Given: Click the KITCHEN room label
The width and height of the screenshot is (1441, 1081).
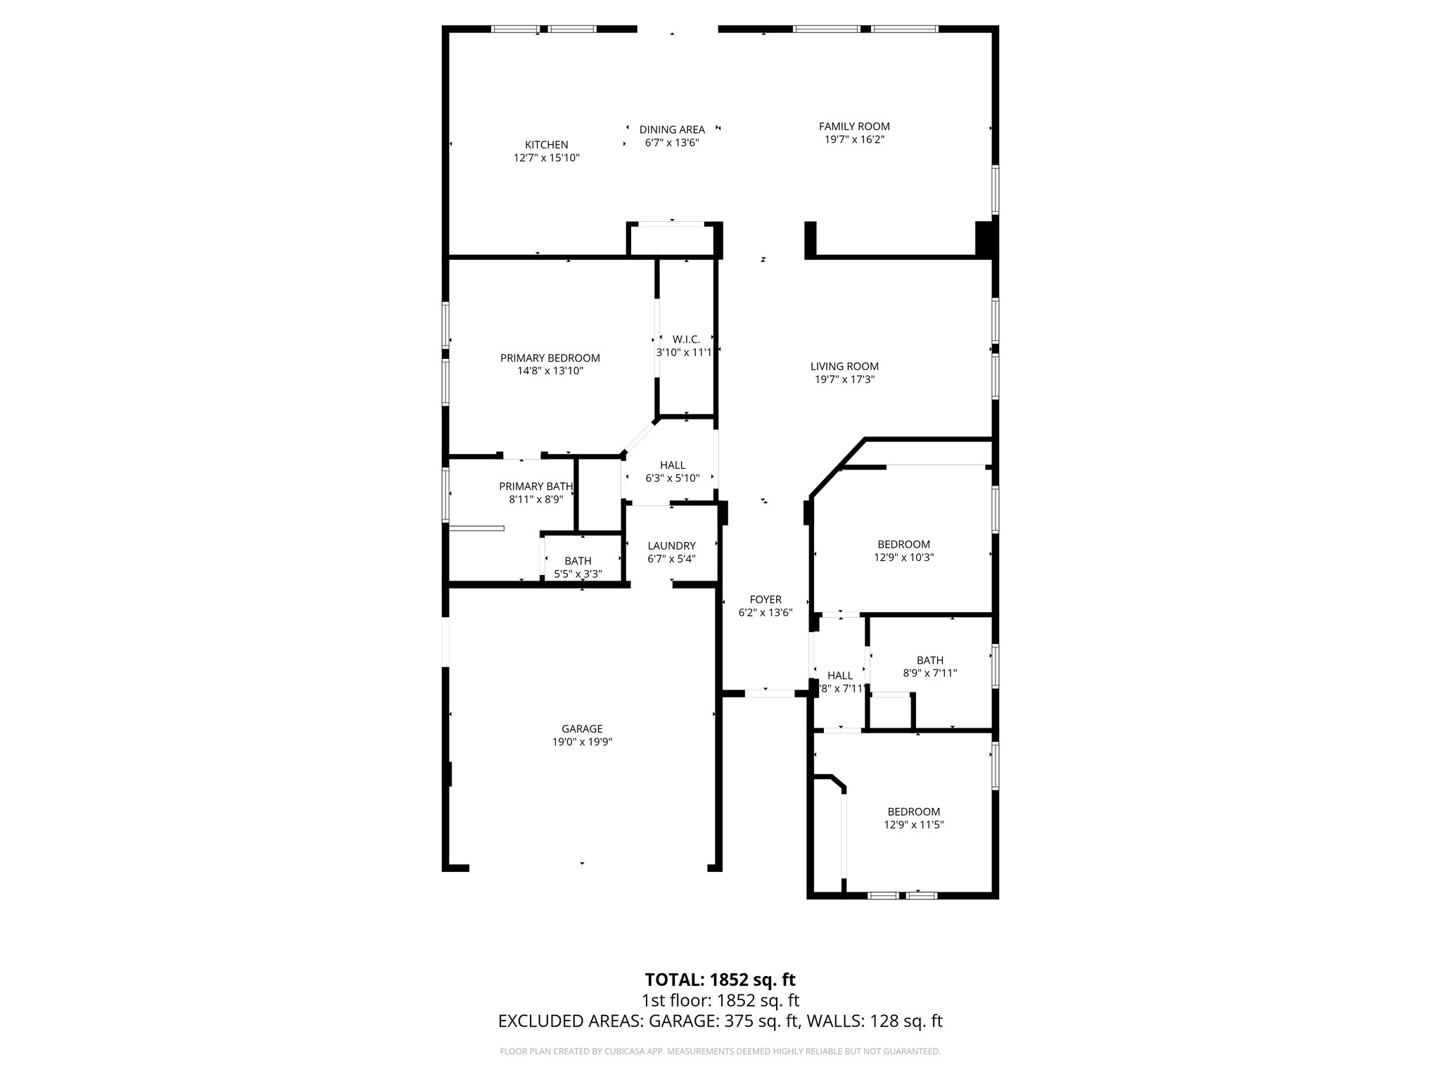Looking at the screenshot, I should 546,145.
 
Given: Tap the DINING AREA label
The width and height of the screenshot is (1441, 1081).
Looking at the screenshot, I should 672,129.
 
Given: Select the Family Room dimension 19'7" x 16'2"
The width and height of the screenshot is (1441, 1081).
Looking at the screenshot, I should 854,139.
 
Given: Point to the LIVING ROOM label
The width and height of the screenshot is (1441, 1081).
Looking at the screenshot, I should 844,366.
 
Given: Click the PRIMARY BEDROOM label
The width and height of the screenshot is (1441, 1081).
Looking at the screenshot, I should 550,358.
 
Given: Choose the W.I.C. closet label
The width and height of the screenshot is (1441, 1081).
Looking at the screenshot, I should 686,339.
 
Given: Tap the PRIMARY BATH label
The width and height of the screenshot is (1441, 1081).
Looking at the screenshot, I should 535,486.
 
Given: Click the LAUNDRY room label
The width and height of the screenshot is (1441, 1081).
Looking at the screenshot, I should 671,545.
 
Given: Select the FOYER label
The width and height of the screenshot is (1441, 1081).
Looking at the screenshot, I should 766,600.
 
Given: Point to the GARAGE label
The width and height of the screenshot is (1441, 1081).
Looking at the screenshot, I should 582,729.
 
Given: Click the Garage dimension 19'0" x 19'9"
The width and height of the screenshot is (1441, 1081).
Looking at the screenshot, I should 582,742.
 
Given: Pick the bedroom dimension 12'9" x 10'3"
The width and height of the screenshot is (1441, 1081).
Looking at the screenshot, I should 903,557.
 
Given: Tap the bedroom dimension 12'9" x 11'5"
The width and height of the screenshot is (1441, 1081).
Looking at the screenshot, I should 913,824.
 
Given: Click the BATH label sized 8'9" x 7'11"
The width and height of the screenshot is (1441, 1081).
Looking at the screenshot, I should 929,660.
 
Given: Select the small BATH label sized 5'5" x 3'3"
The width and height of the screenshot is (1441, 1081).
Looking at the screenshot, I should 578,561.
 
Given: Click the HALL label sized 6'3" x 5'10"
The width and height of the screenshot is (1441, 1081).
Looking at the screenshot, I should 673,465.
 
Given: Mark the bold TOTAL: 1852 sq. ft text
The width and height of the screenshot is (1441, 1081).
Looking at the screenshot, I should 720,980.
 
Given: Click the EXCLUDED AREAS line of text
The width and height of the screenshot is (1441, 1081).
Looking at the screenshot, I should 720,1021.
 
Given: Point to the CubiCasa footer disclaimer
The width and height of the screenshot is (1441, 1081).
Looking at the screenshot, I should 720,1051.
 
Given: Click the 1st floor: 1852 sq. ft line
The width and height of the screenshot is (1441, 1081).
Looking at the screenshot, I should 720,1001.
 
